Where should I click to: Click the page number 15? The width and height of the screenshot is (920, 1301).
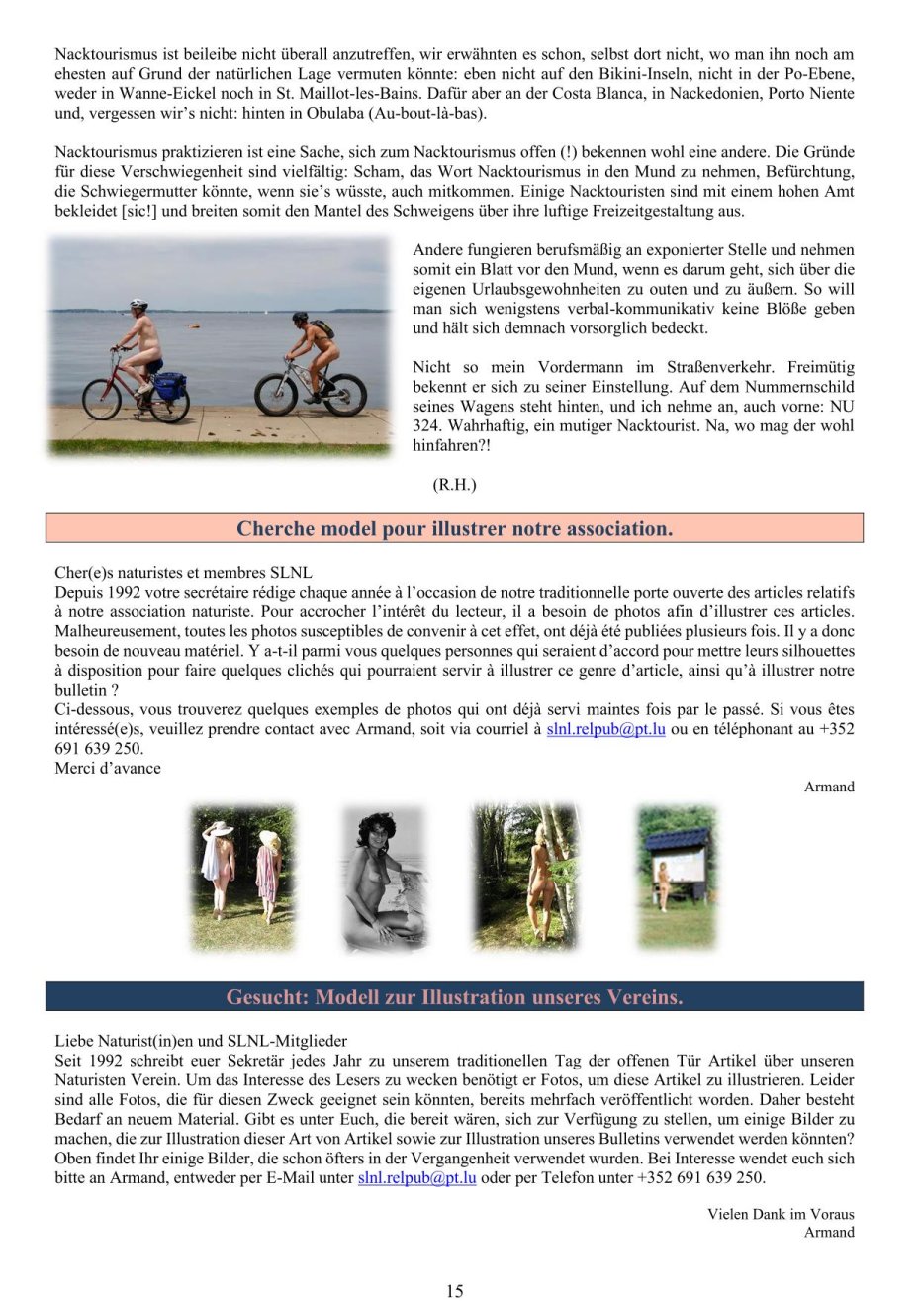(x=454, y=1290)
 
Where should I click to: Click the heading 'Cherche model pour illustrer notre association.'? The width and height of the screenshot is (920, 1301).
(x=454, y=528)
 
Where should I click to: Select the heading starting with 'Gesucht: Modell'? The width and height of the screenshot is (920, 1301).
(x=454, y=996)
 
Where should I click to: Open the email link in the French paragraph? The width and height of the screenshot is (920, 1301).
(x=605, y=729)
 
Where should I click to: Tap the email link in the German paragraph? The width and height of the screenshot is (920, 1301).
(x=416, y=1177)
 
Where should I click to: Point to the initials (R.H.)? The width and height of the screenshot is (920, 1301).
(x=454, y=484)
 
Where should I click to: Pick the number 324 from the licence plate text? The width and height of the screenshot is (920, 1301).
(x=425, y=425)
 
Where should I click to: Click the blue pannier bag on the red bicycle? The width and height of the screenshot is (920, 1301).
(x=170, y=385)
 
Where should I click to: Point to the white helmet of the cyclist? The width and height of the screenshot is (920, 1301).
(x=138, y=306)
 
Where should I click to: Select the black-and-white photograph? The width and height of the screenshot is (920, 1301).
(x=383, y=878)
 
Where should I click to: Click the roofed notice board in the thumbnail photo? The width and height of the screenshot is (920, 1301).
(x=679, y=857)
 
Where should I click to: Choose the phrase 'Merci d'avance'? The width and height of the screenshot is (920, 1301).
(x=108, y=768)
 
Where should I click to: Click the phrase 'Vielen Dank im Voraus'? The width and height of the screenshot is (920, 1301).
(x=781, y=1214)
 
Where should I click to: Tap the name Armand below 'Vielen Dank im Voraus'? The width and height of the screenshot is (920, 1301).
(x=829, y=1232)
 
